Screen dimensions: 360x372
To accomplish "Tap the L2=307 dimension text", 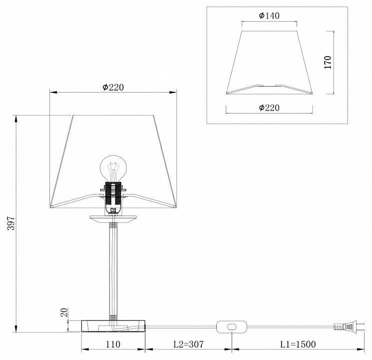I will (x=189, y=344).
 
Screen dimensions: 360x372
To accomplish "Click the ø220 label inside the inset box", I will (x=269, y=107).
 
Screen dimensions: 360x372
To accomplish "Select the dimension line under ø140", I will (x=269, y=22).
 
